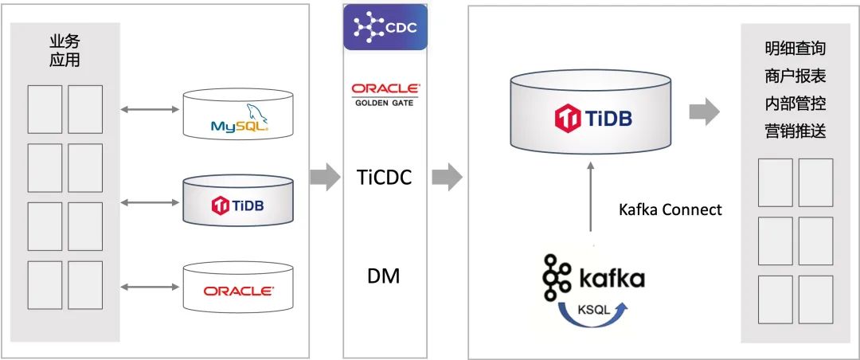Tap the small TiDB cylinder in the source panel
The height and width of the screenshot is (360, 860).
238,199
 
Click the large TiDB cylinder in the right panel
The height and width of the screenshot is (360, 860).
588,112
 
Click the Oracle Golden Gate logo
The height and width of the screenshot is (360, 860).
385,94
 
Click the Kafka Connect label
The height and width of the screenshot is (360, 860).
670,209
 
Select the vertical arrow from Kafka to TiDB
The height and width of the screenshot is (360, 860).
589,196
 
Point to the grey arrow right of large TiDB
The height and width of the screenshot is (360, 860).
704,112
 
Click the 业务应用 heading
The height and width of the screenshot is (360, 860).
64,50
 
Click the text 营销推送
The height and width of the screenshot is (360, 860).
794,130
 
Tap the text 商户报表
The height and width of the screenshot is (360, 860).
794,76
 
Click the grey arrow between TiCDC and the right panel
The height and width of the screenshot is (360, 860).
447,177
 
